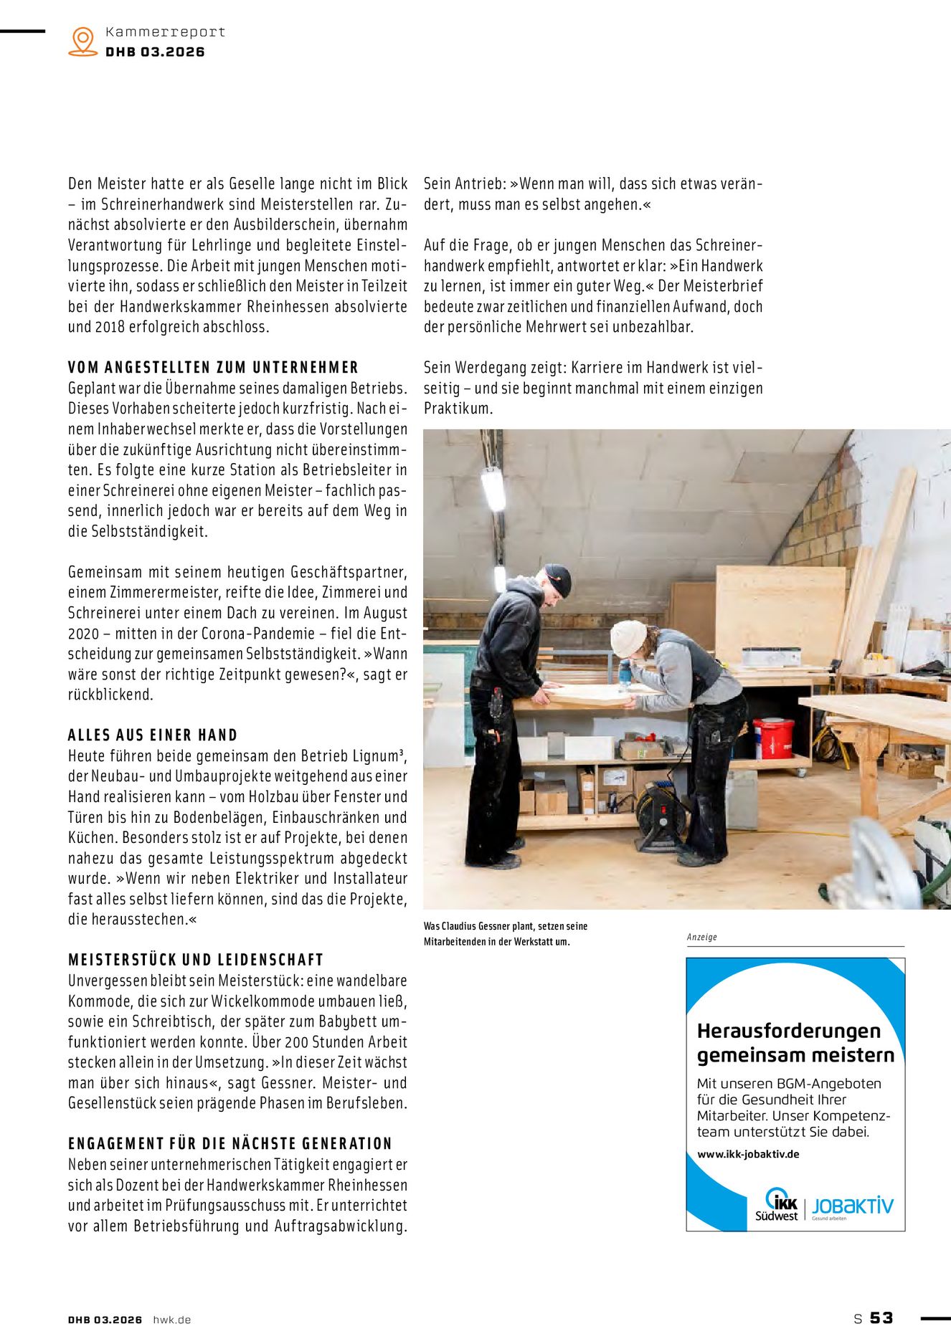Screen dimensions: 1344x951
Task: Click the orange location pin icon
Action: [83, 41]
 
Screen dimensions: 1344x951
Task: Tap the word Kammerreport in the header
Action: [165, 32]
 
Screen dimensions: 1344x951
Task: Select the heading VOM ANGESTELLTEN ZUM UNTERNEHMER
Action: [213, 368]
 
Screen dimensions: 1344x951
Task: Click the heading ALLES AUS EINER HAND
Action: [152, 735]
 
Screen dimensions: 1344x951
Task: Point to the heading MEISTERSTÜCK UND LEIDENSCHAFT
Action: [196, 960]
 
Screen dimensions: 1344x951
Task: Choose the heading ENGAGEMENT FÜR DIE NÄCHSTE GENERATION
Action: [230, 1144]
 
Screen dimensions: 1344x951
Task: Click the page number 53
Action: [881, 1318]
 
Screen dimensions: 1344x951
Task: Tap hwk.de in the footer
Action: [172, 1320]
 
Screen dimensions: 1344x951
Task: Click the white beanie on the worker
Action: [628, 637]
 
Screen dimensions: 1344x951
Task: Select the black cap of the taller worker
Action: [559, 578]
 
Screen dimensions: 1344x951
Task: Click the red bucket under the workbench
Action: [773, 738]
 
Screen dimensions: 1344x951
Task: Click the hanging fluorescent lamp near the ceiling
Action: [493, 488]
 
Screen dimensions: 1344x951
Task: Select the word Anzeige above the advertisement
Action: [701, 937]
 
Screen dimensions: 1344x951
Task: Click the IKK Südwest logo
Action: [777, 1205]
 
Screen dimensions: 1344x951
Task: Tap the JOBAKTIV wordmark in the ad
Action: [853, 1206]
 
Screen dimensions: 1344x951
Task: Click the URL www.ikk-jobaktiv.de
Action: [748, 1154]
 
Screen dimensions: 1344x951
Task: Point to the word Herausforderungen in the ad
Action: [788, 1031]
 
